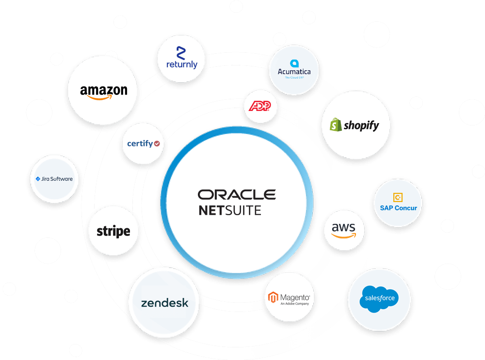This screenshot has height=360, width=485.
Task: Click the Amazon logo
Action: point(104,91)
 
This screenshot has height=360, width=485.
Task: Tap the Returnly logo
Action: point(181,58)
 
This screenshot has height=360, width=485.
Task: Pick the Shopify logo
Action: point(355,125)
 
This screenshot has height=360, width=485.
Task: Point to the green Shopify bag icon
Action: point(335,125)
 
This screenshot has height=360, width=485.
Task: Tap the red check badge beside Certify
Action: point(157,143)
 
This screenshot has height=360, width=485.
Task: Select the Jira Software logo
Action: point(54,179)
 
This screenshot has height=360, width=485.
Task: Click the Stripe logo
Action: point(113,231)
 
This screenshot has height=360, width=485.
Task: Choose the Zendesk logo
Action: point(164,303)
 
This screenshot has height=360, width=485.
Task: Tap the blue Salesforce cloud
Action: point(379,298)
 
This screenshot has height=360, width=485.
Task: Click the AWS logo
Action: point(343,230)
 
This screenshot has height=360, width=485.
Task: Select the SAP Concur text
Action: point(399,208)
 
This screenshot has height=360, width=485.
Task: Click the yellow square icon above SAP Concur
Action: point(398,197)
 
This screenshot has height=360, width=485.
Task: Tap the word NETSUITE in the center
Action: point(229,210)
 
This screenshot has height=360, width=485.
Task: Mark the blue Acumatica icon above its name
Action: point(294,63)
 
